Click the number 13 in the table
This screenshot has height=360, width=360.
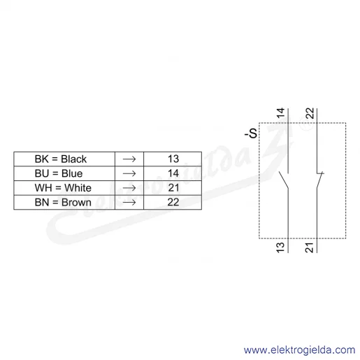(173, 159)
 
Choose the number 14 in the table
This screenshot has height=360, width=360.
(173, 173)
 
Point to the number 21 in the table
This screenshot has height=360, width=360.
(173, 188)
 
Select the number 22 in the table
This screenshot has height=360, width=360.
(173, 202)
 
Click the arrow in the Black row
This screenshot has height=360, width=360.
(129, 159)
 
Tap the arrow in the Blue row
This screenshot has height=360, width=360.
(129, 173)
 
